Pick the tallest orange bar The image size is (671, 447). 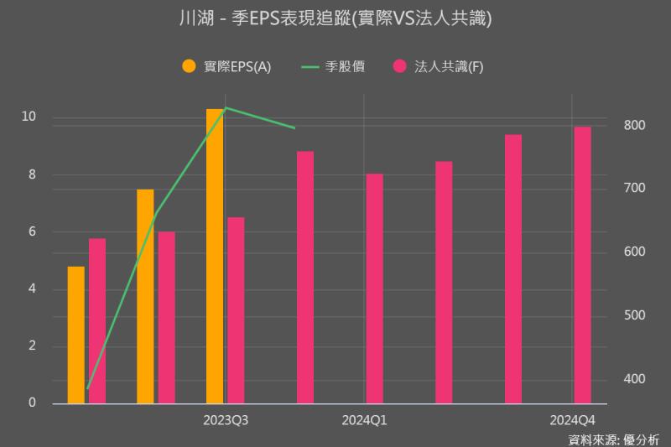[215, 256]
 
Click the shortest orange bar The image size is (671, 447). [76, 335]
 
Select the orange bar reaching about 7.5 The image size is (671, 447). [145, 296]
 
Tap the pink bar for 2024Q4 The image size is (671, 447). [582, 264]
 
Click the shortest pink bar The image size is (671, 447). [97, 320]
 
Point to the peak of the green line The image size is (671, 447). [226, 108]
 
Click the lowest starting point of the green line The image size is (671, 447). [87, 389]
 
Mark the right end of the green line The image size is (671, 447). [295, 128]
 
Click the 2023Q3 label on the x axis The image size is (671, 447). [226, 419]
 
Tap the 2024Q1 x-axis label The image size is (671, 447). [364, 419]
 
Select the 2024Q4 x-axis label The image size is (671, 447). [572, 419]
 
